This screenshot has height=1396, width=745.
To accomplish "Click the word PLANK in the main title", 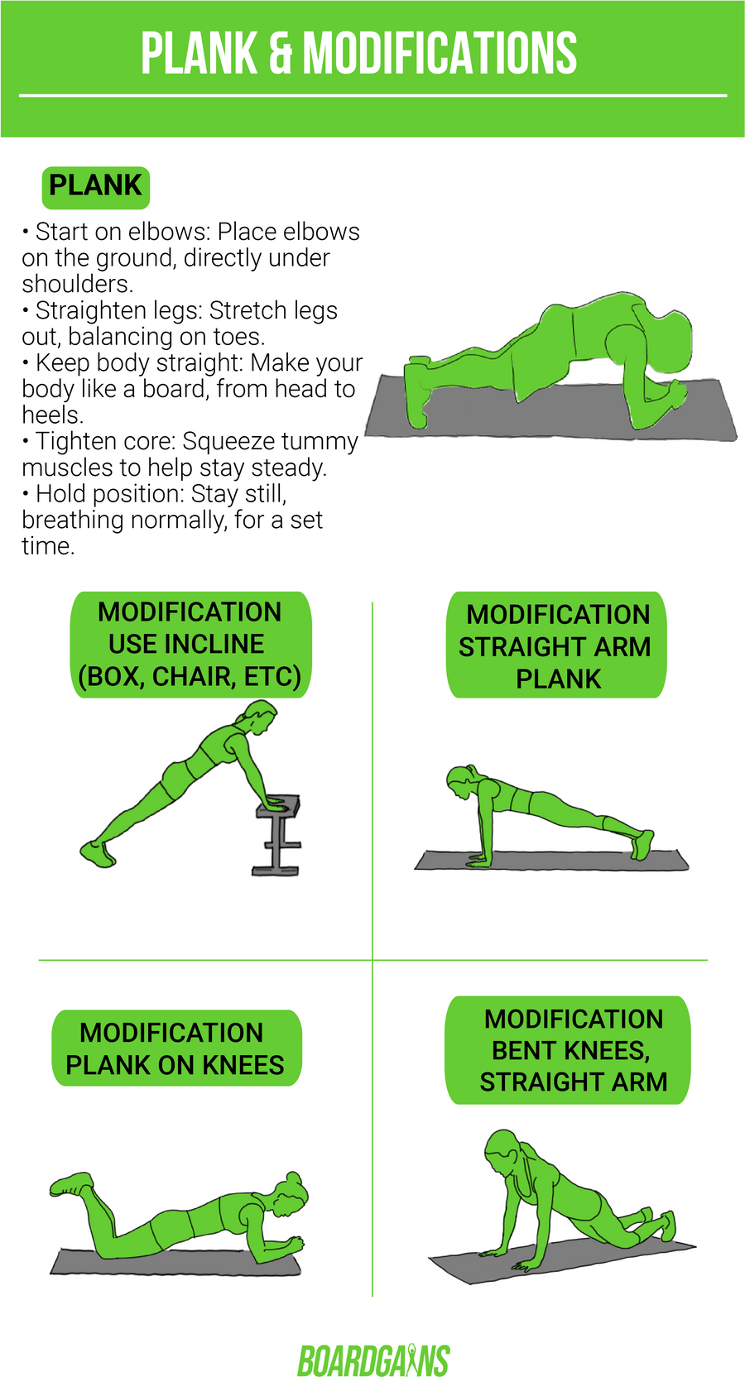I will click(199, 54).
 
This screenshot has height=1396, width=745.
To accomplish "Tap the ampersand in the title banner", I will click(281, 54).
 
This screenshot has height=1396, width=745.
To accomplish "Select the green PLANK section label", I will click(95, 186).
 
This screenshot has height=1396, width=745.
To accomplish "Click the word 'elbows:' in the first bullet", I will click(170, 232).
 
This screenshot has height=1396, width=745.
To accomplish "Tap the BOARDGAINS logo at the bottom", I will click(372, 1361).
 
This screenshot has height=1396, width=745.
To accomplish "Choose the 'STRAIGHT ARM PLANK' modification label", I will click(556, 645).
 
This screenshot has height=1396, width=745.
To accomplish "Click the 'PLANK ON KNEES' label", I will click(175, 1048).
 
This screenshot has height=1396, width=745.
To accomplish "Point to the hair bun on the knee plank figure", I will click(293, 1178).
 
